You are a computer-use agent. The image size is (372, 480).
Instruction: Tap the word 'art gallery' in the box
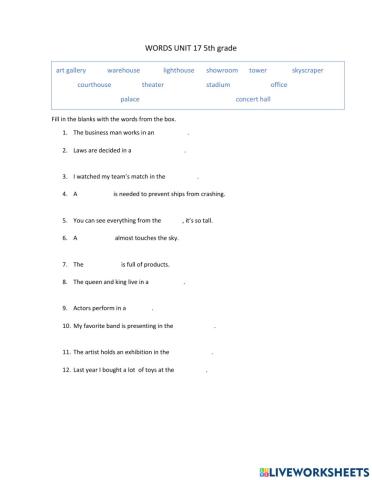pos(72,71)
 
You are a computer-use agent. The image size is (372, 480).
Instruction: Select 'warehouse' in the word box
pos(123,71)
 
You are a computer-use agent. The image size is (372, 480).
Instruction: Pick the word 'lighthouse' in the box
pos(179,71)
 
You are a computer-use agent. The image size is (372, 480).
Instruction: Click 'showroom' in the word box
pos(222,71)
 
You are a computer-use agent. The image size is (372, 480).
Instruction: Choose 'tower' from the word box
pos(258,71)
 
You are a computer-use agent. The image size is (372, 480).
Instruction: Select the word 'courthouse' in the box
pos(96,85)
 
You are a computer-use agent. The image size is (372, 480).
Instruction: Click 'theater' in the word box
pos(153,85)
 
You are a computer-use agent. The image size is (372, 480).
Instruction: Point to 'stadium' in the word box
pos(218,85)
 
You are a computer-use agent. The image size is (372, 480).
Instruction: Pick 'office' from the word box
pos(279,85)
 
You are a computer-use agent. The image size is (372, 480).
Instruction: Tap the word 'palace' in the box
pos(130,100)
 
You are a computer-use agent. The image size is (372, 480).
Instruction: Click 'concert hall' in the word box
pos(253,100)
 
